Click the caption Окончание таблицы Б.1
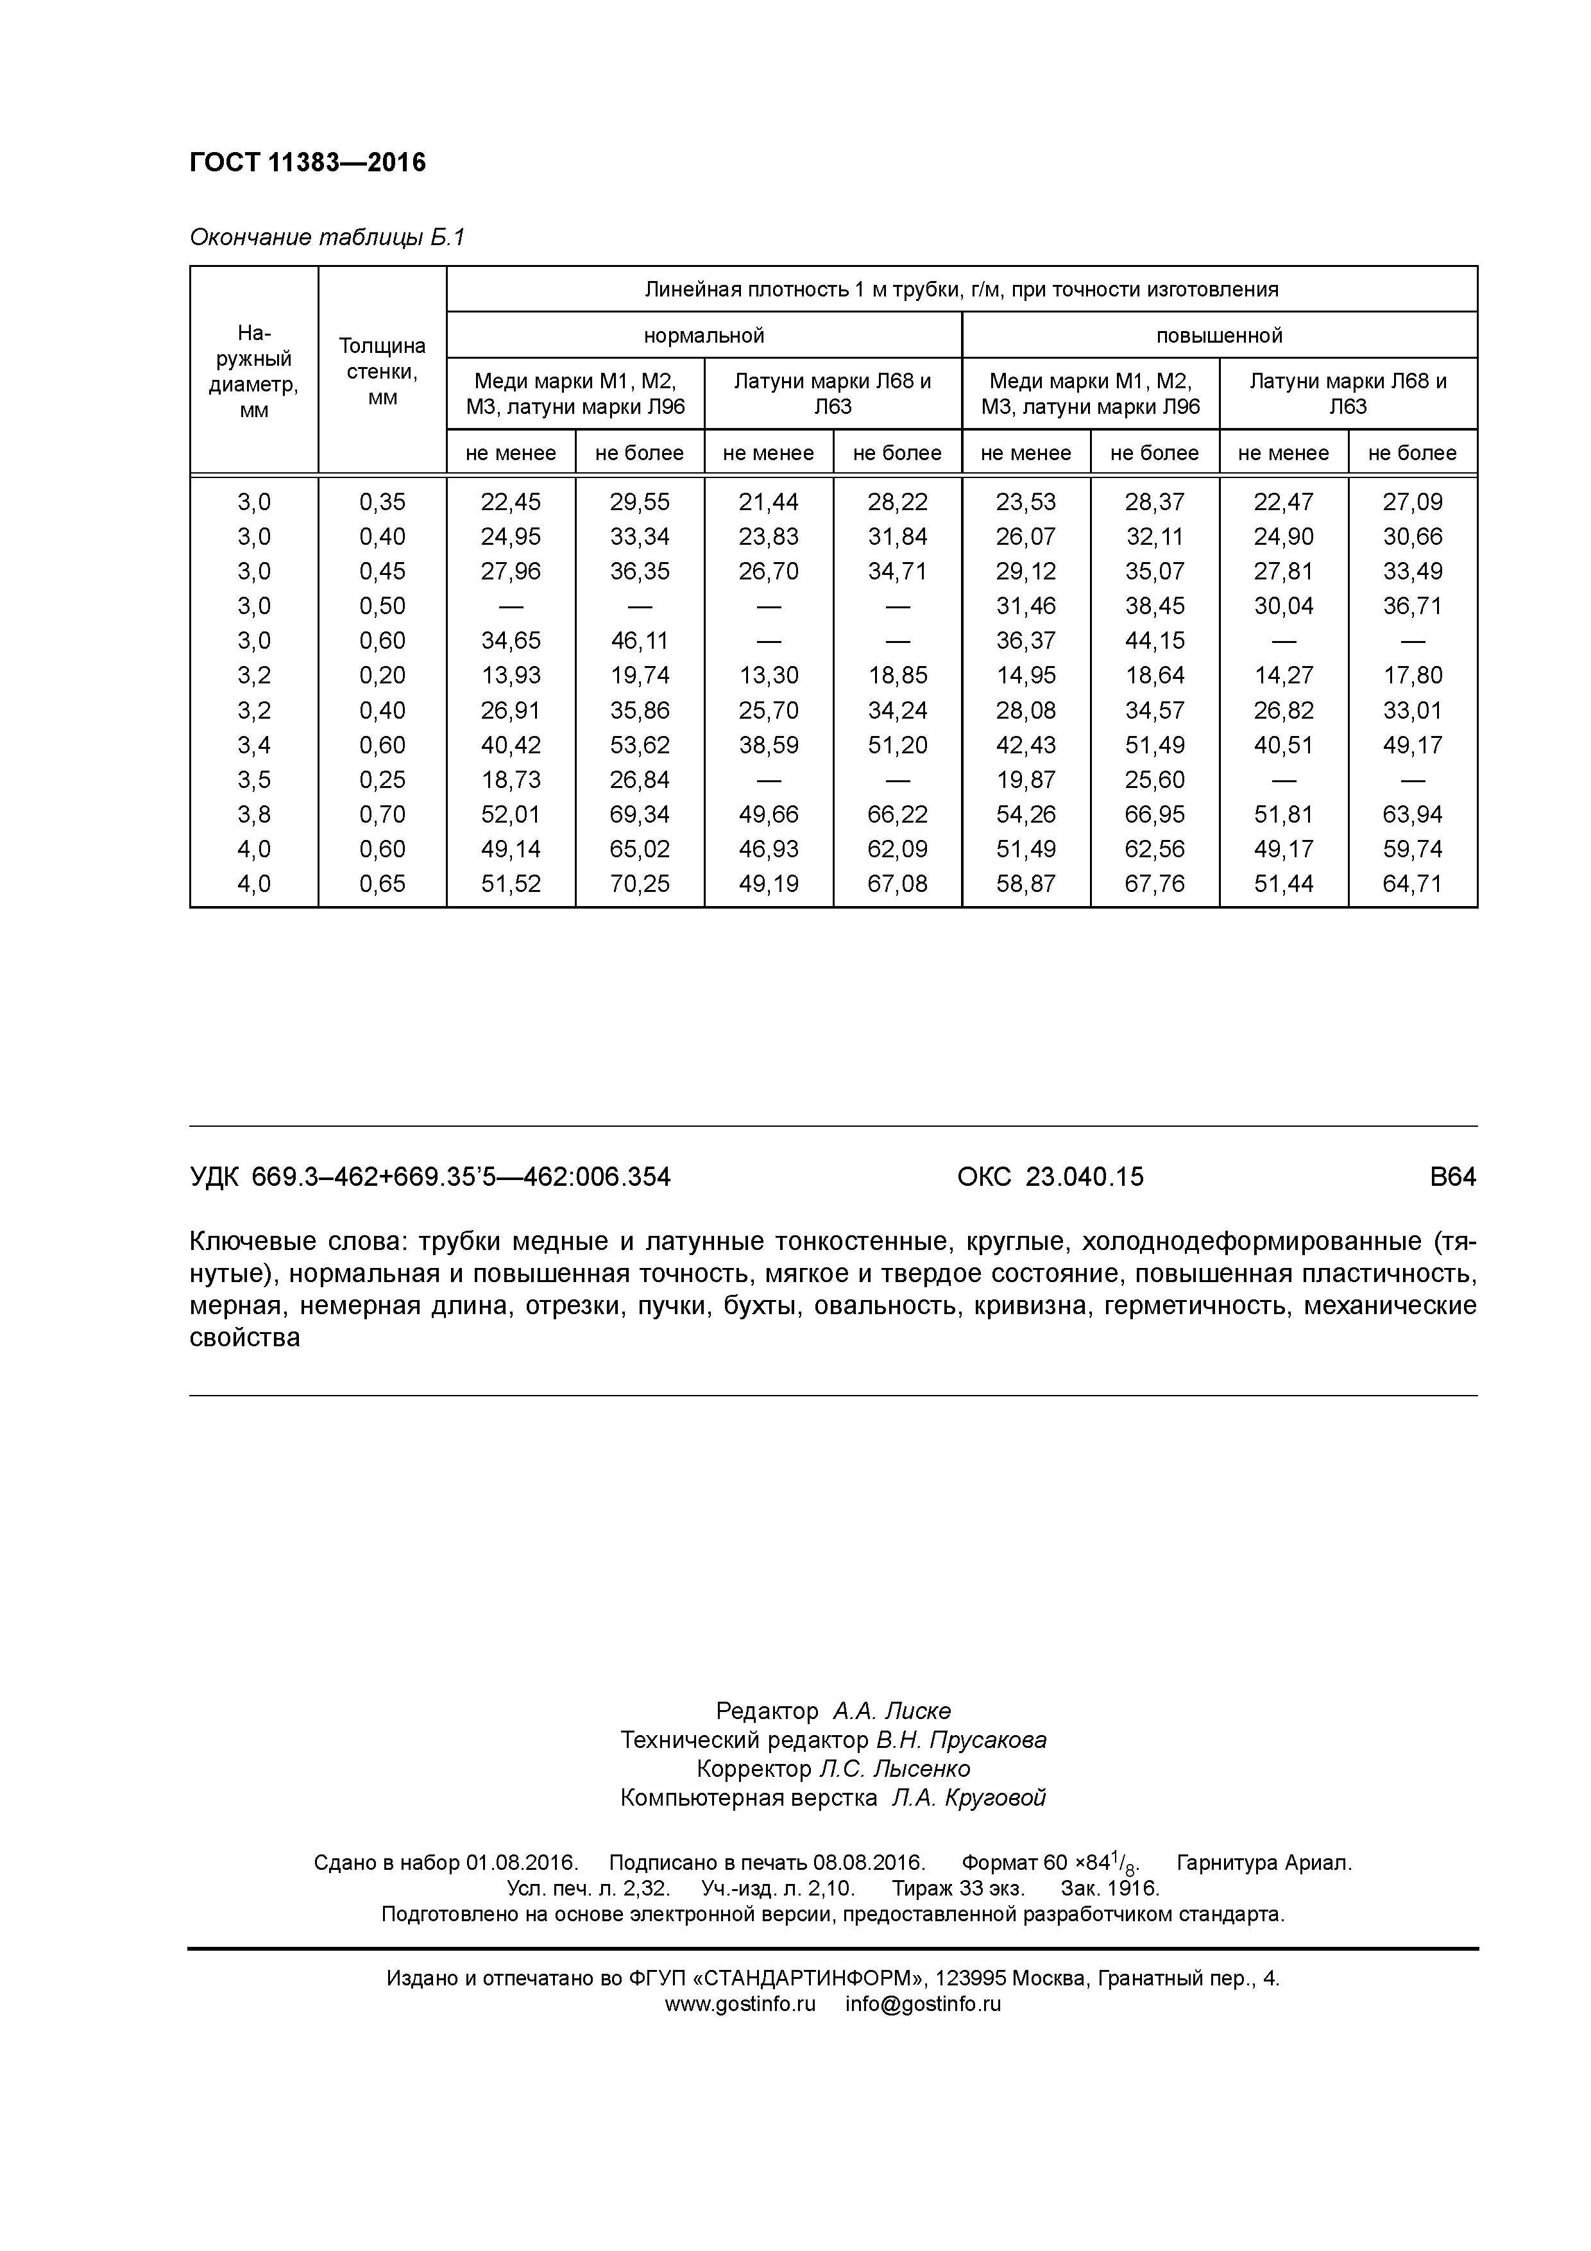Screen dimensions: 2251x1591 (327, 237)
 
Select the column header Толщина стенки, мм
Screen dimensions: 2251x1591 (382, 371)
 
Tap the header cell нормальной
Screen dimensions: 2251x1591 (704, 336)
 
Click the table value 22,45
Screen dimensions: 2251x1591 (511, 502)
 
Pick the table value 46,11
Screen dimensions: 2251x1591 (639, 641)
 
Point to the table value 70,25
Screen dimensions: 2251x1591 (639, 884)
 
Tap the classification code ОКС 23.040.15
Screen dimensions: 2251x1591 (1050, 1176)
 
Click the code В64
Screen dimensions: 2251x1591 (1453, 1176)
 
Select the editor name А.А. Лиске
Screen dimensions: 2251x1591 (891, 1712)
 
